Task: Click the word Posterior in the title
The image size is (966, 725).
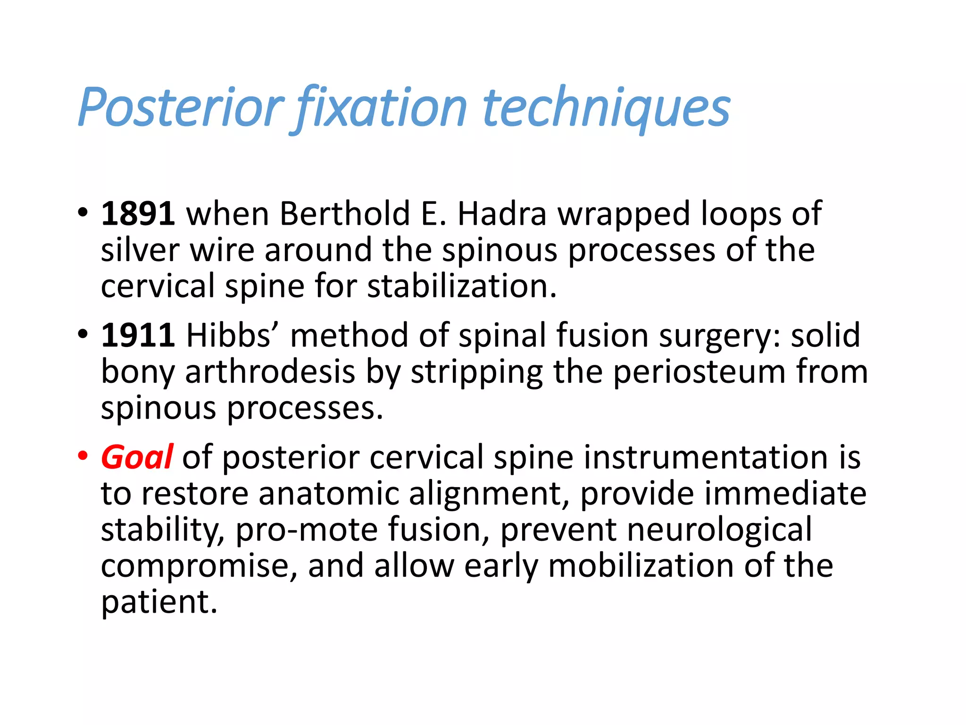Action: [181, 108]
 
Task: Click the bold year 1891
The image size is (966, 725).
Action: [138, 214]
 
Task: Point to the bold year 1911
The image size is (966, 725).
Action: [138, 335]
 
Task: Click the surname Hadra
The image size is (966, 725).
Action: [502, 214]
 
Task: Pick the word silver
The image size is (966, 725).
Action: [140, 250]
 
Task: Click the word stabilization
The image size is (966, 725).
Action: [462, 287]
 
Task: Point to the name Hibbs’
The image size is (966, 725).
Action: [233, 335]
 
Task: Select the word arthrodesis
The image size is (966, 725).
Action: [270, 372]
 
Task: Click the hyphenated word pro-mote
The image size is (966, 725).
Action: [307, 530]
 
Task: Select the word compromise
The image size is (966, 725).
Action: [199, 566]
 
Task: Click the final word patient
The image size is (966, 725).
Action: [159, 602]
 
